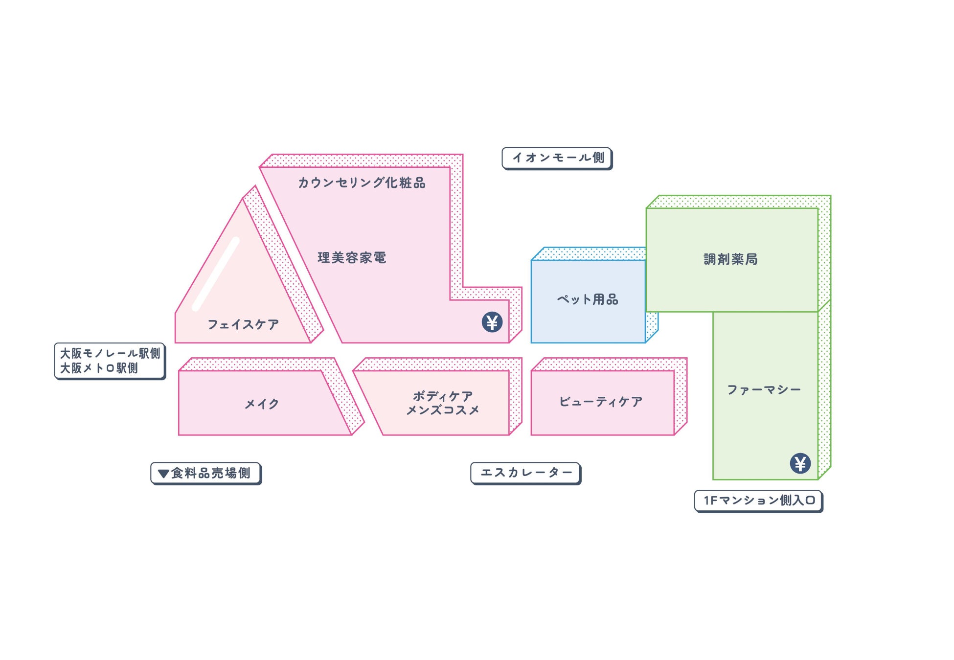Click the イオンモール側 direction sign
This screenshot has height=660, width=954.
click(557, 158)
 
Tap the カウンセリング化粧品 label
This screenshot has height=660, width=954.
click(362, 183)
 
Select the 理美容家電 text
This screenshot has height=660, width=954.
click(352, 258)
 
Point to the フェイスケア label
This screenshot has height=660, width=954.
click(243, 324)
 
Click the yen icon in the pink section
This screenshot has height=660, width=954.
click(492, 322)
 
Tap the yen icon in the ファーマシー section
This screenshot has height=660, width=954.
click(800, 463)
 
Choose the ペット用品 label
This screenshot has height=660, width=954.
click(588, 299)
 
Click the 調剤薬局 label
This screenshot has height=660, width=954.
click(730, 259)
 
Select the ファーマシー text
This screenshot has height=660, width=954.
click(764, 390)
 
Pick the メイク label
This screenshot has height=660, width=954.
click(262, 404)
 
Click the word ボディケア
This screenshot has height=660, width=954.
click(443, 396)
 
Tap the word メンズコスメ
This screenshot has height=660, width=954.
click(443, 410)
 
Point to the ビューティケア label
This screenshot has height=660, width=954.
click(601, 402)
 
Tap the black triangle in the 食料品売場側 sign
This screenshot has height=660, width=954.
click(163, 474)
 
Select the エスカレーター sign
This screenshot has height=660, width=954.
click(525, 473)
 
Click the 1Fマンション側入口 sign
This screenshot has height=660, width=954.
click(758, 501)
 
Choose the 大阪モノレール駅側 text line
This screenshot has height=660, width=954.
click(110, 353)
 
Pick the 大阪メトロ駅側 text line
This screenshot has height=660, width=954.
click(99, 368)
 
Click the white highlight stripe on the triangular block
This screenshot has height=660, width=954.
click(215, 274)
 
